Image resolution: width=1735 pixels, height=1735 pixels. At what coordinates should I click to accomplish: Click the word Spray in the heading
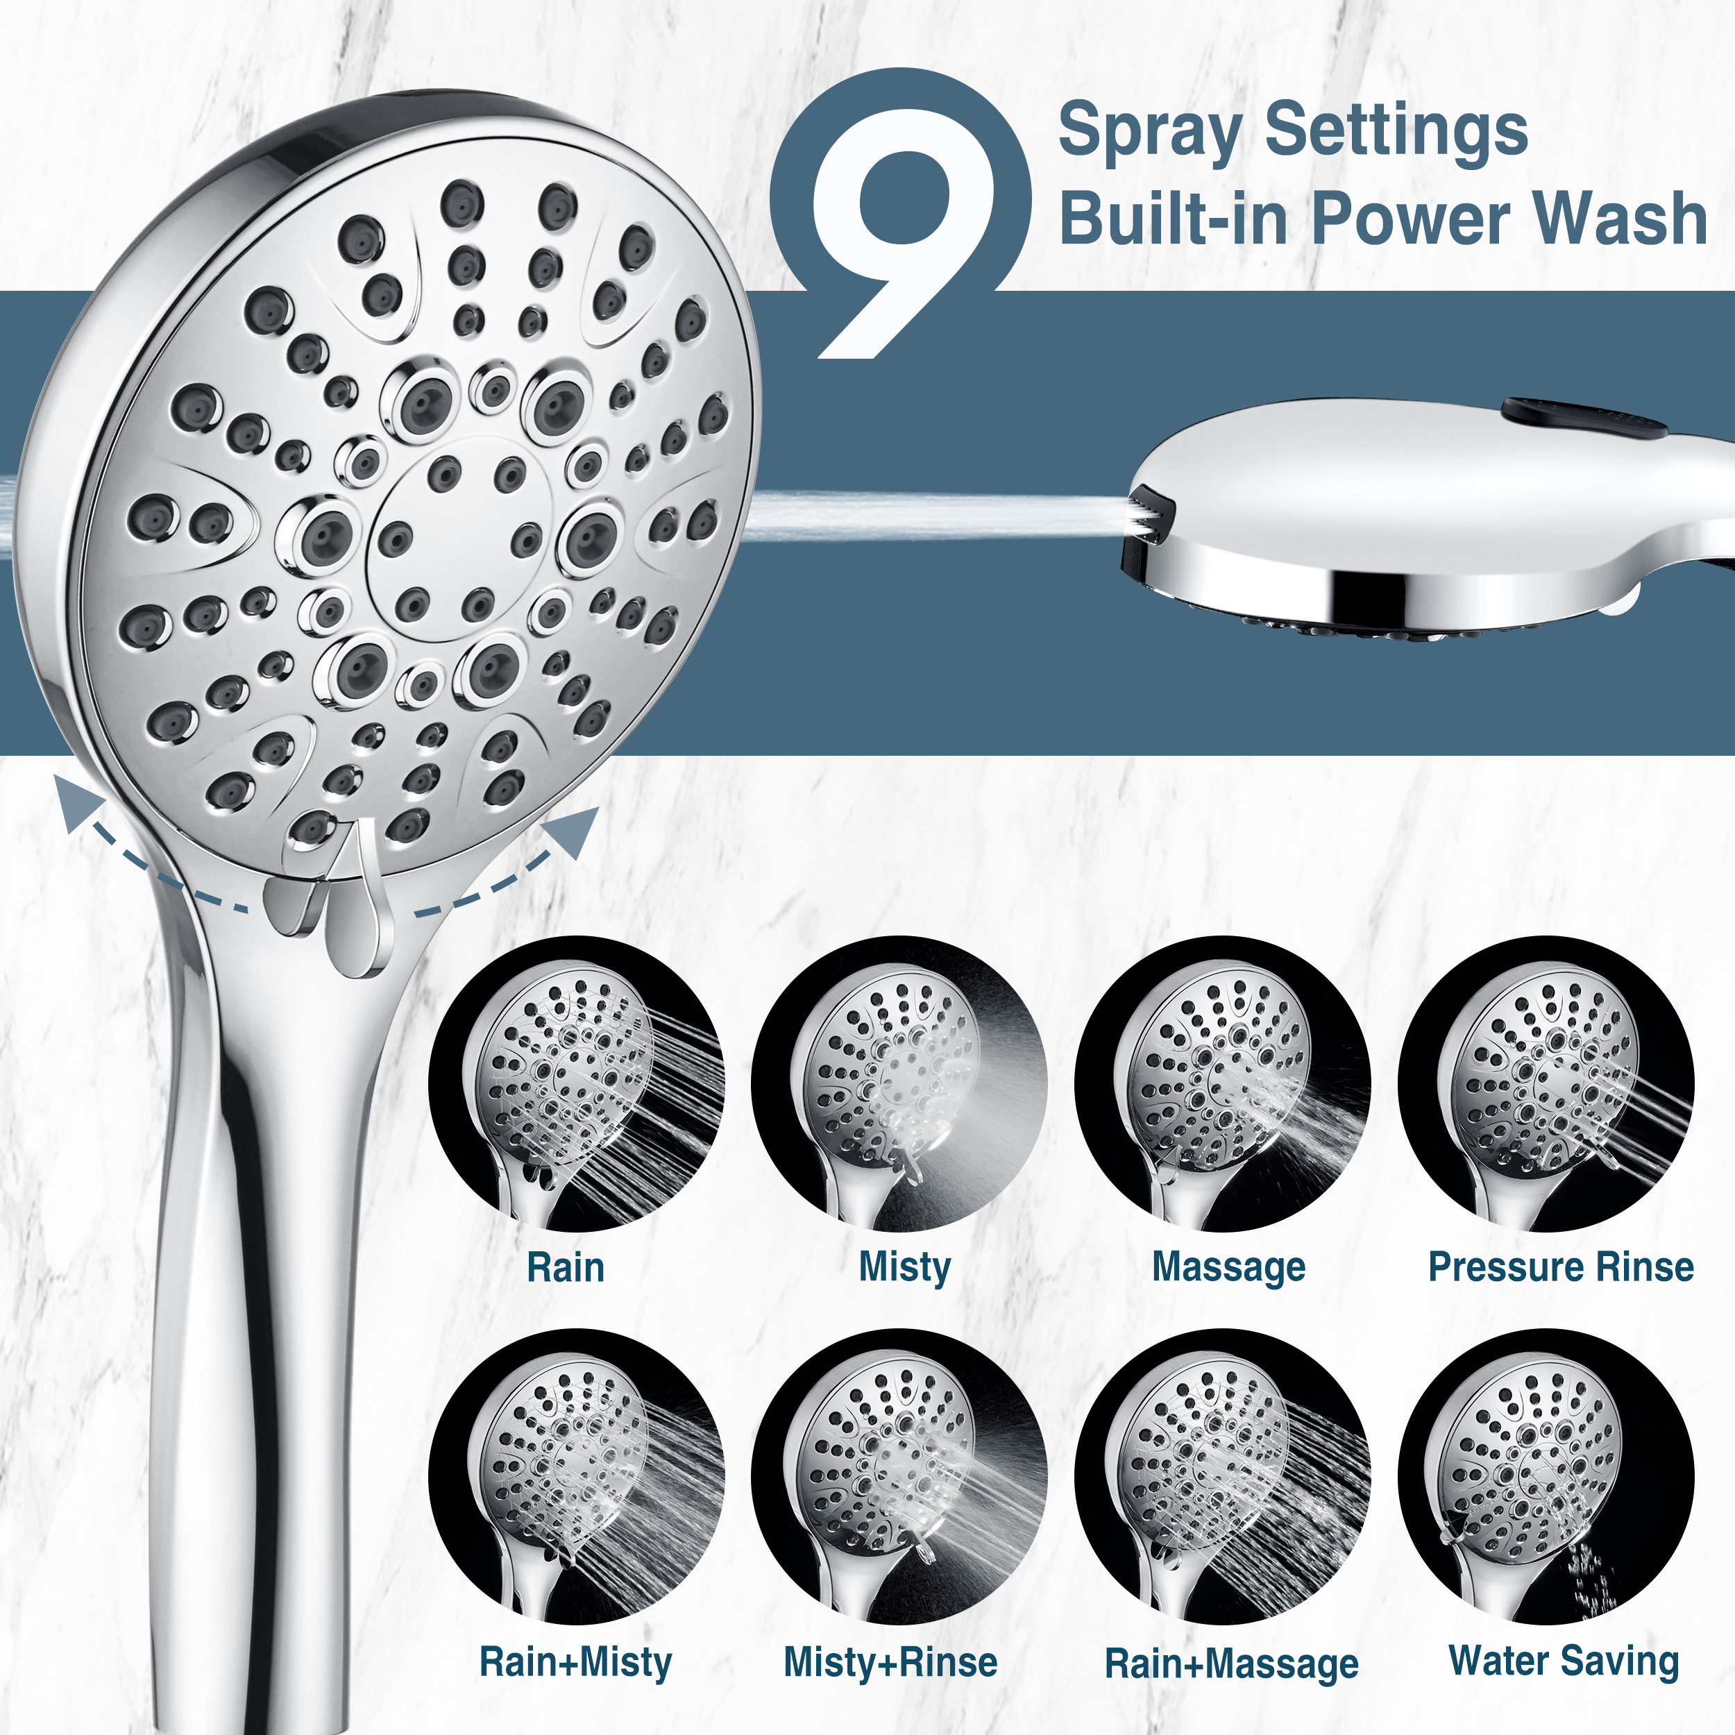click(x=1149, y=131)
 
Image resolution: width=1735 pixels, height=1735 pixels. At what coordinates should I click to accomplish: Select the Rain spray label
click(x=565, y=1267)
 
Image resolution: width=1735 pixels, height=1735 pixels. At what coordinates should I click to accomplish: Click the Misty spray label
click(x=904, y=1267)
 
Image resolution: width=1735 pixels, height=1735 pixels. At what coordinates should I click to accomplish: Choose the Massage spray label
click(x=1228, y=1268)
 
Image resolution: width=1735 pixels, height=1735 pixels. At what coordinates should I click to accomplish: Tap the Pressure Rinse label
click(x=1561, y=1267)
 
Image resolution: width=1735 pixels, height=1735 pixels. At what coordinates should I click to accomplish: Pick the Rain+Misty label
click(x=575, y=1661)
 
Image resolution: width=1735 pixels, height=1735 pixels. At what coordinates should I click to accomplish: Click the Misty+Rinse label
click(x=890, y=1662)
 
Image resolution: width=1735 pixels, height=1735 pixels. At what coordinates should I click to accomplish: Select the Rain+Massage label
click(x=1231, y=1664)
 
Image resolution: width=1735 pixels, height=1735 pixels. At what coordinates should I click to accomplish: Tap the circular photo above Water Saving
click(x=1546, y=1478)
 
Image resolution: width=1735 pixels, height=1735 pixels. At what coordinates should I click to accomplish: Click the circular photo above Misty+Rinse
click(x=899, y=1478)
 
